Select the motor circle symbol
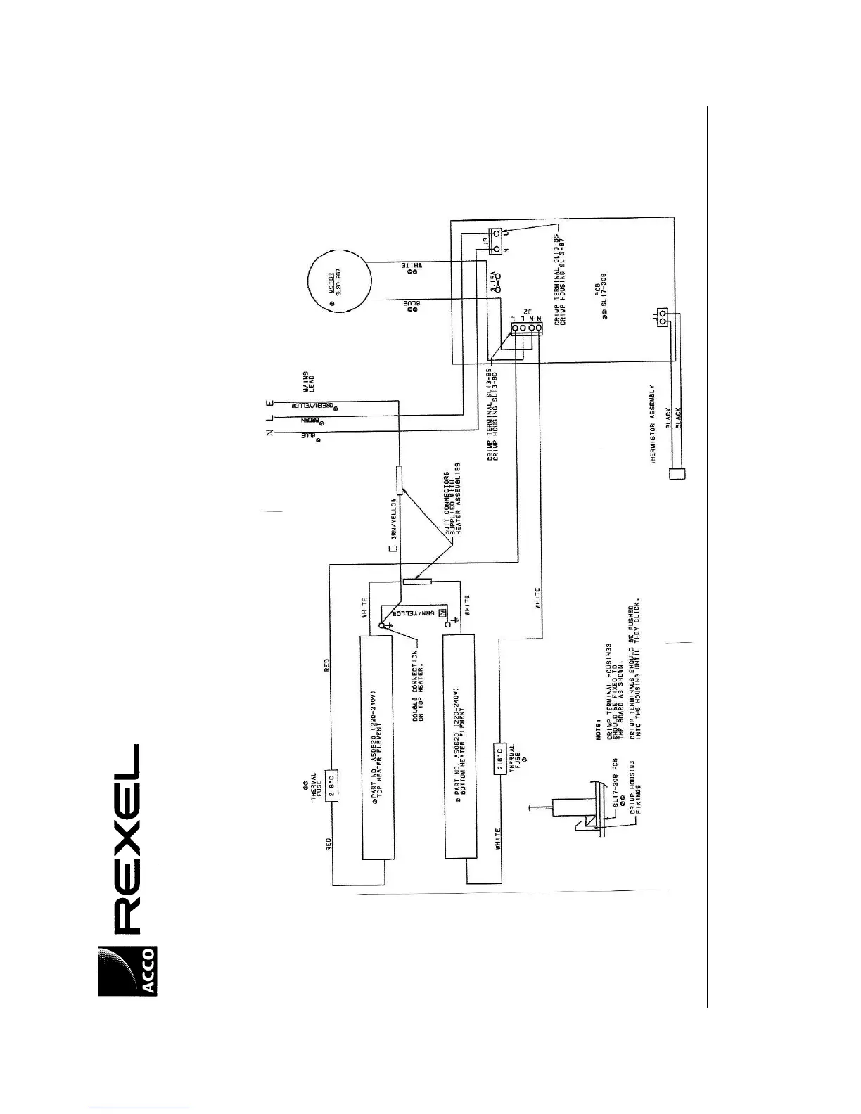pyautogui.click(x=339, y=282)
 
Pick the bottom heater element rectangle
pyautogui.click(x=460, y=747)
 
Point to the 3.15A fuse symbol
pyautogui.click(x=499, y=281)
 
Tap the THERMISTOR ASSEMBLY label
pyautogui.click(x=653, y=424)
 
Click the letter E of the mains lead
pyautogui.click(x=268, y=404)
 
